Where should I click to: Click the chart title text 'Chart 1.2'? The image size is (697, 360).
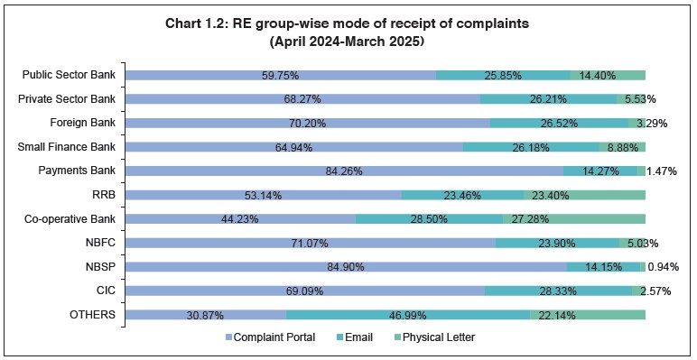click(x=348, y=24)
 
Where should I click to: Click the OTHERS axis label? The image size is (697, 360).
click(x=93, y=314)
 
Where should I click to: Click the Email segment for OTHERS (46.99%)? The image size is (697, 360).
click(x=407, y=314)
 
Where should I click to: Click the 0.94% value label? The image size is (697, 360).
click(x=664, y=266)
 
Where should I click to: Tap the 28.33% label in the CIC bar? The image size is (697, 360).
click(x=559, y=291)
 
